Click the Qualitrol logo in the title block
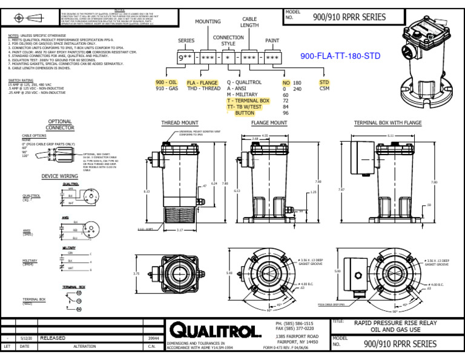(x=216, y=330)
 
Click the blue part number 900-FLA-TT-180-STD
(x=340, y=56)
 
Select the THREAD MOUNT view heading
(x=179, y=123)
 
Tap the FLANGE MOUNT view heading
(x=269, y=123)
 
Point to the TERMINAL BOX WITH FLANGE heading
(x=387, y=123)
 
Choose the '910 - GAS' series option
(x=167, y=88)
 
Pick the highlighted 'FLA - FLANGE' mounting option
(x=202, y=82)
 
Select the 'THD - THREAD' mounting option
(x=203, y=88)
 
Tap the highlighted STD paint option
(x=325, y=82)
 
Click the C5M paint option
(x=325, y=88)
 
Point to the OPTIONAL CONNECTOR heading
(x=60, y=125)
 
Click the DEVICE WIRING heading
(x=59, y=176)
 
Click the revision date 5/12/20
(x=27, y=338)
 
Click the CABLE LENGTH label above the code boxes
(x=249, y=22)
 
